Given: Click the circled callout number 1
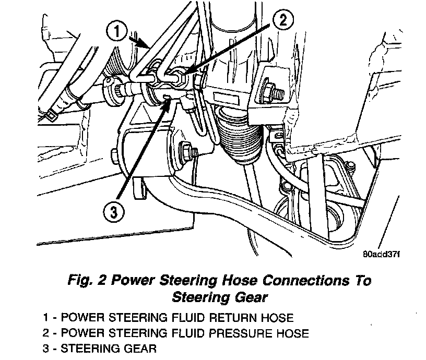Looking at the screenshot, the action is click(117, 31).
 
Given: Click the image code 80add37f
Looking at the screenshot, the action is click(380, 255).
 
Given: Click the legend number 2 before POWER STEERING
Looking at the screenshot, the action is click(46, 333).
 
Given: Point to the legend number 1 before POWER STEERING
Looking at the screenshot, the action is click(46, 318).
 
